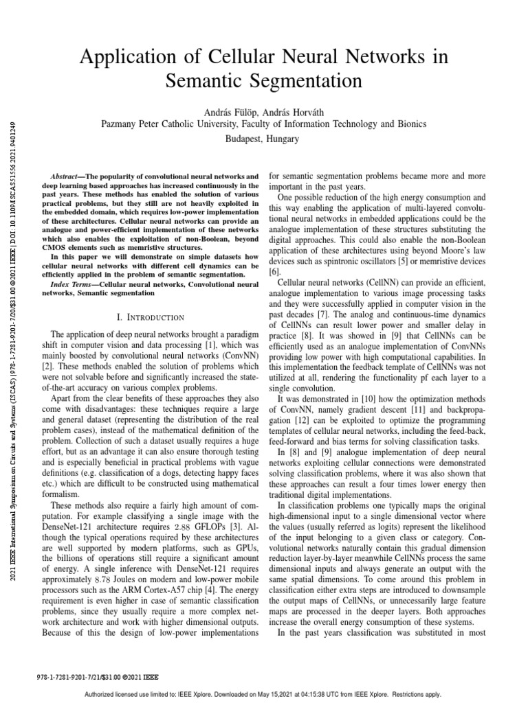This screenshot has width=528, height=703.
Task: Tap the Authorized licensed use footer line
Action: pyautogui.click(x=264, y=694)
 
